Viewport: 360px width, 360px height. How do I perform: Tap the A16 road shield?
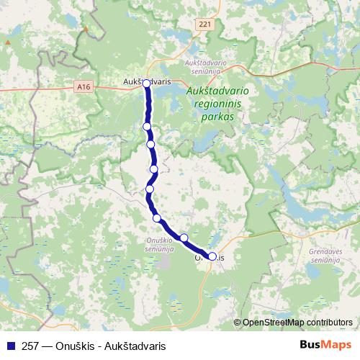click(83, 86)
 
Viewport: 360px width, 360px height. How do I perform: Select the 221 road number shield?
click(205, 24)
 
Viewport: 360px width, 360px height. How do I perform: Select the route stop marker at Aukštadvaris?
click(147, 84)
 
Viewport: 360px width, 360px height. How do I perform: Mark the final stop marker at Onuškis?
click(212, 256)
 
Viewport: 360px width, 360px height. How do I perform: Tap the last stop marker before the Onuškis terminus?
click(184, 238)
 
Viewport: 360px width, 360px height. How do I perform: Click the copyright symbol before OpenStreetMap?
click(237, 323)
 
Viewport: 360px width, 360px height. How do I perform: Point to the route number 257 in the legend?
click(31, 345)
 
